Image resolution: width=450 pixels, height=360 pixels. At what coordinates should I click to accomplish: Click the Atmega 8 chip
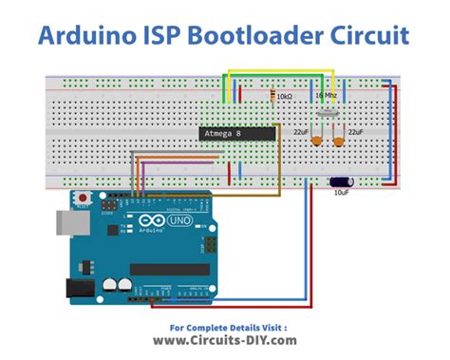coord(236,135)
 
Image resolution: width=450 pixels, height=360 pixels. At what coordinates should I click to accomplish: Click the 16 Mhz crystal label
coord(326,96)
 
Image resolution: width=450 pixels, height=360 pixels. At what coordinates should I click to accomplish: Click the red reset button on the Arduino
coord(83,199)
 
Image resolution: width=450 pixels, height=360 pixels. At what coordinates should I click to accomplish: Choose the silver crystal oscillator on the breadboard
coord(328,112)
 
